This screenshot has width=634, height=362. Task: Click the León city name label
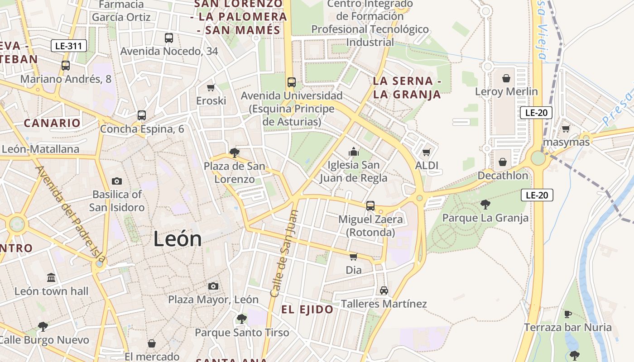coord(178,238)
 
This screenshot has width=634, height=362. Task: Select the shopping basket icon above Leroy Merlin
coord(506,78)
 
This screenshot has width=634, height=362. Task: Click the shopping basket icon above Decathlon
coord(503,162)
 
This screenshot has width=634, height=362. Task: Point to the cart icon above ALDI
coord(426,152)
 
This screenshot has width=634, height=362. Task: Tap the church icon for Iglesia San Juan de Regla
coord(354,152)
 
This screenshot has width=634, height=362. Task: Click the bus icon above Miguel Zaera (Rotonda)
coord(370,206)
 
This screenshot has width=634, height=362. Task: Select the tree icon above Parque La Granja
coord(485,205)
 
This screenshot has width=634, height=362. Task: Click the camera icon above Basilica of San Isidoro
coord(117,181)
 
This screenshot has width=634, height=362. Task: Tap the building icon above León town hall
coord(51,277)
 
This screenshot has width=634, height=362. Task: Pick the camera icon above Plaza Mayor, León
coord(213,286)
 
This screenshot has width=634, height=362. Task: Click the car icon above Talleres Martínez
coord(384,290)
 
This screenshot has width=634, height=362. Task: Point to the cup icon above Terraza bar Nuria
coord(568,314)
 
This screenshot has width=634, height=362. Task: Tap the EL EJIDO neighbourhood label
coord(307,310)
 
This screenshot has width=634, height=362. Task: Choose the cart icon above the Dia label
coord(354,257)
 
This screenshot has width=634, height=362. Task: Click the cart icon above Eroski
coord(211,87)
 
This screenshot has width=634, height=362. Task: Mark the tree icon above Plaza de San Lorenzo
coord(234,152)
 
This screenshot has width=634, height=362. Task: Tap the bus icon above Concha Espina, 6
coord(142,115)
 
